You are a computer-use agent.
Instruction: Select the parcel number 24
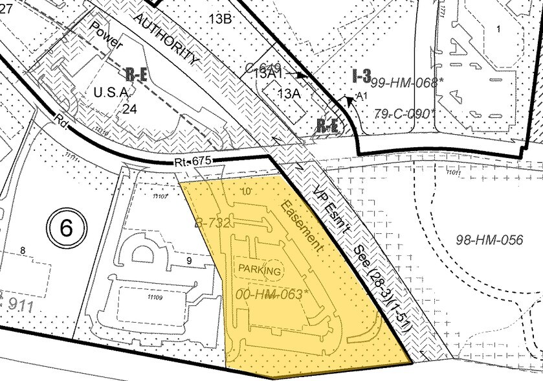pos(131,108)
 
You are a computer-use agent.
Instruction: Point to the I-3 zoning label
pos(362,76)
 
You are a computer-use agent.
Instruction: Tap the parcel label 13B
pos(219,18)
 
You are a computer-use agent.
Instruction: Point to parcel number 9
pos(190,260)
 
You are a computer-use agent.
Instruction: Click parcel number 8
pos(23,250)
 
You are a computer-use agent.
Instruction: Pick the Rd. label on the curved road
pos(61,121)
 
